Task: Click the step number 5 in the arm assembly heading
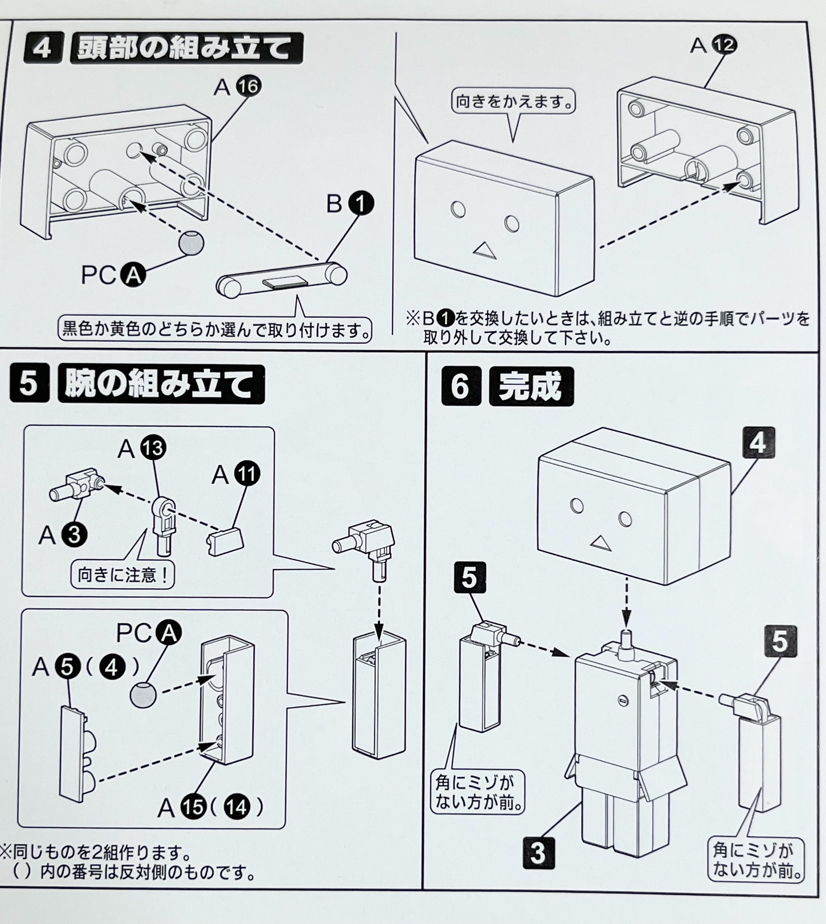[29, 384]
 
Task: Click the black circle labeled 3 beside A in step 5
[74, 535]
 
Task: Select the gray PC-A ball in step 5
[143, 694]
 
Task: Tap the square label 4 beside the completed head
[758, 443]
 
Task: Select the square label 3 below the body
[539, 853]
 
